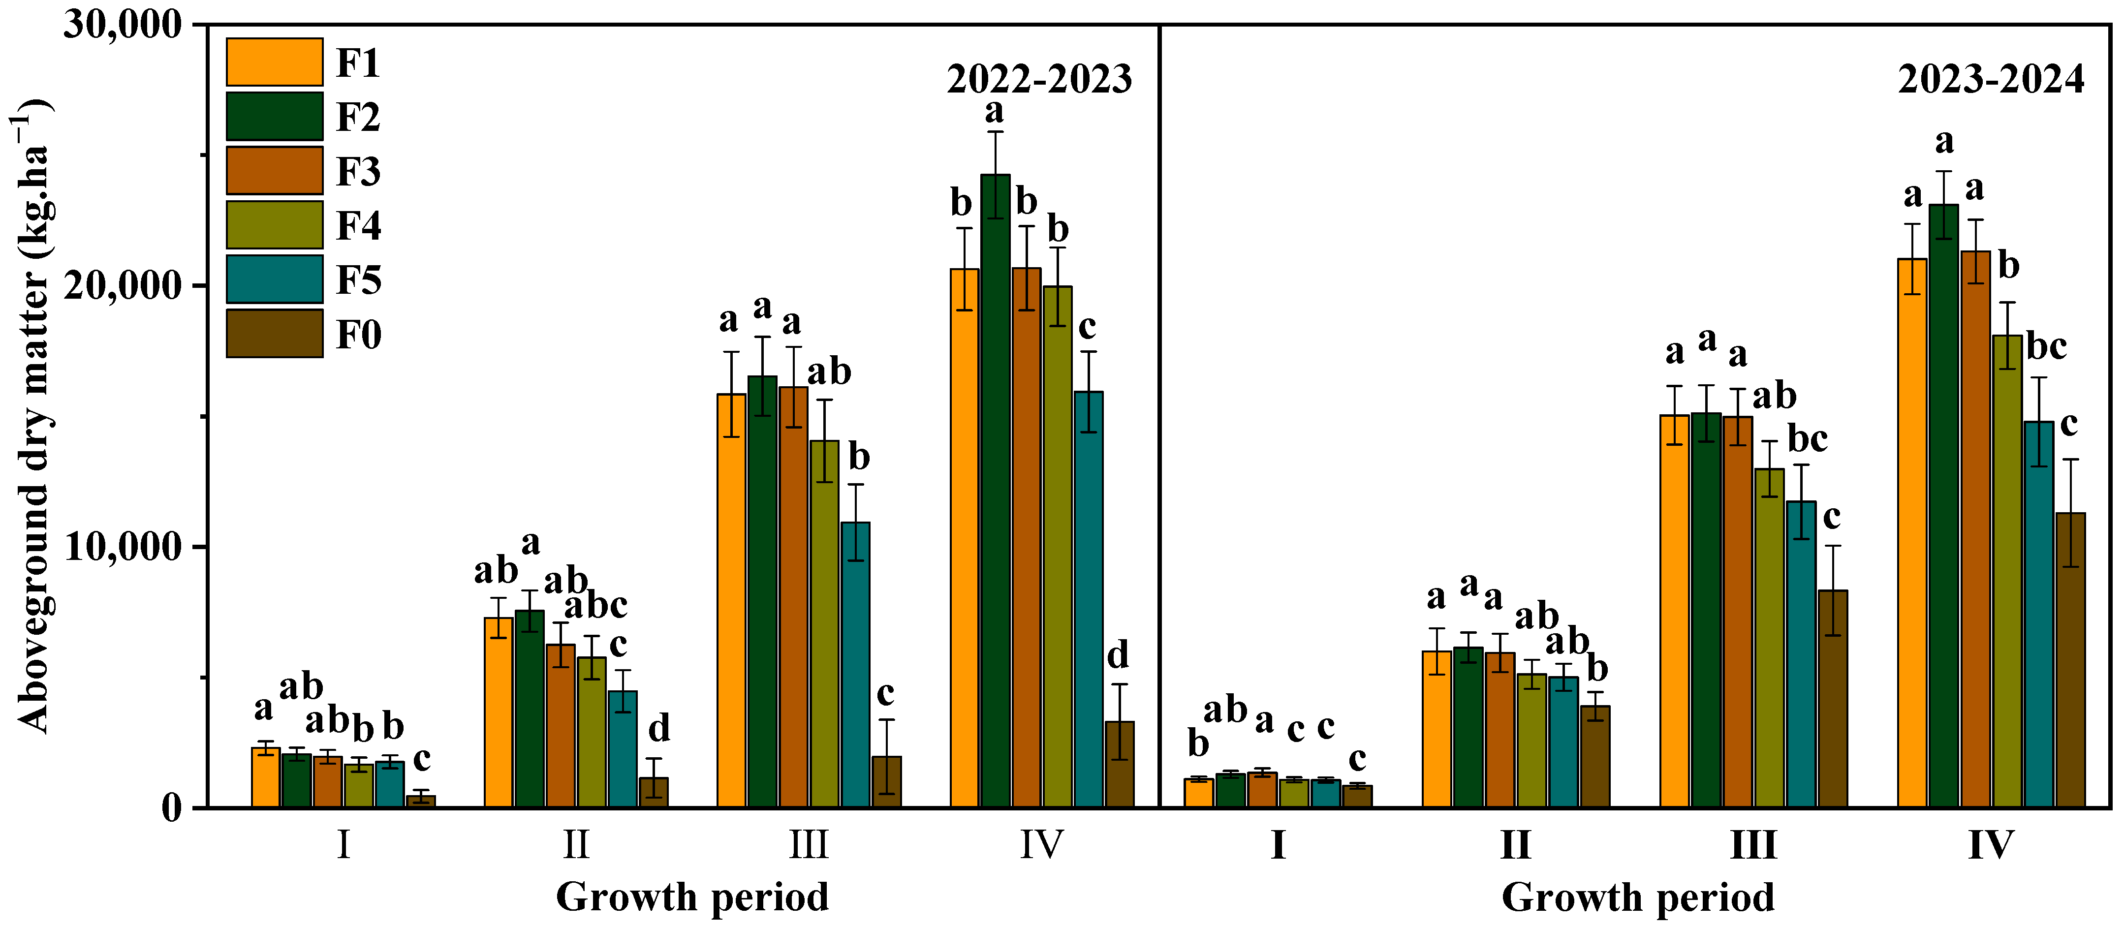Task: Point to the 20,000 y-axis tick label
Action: click(122, 286)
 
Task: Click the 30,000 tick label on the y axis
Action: click(122, 25)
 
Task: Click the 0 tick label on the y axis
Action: click(171, 807)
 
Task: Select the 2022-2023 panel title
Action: click(1039, 79)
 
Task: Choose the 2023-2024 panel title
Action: click(1991, 79)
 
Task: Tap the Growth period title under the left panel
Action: click(692, 897)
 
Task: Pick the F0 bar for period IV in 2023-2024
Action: click(2070, 659)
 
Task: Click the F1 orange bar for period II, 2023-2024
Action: click(1437, 729)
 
